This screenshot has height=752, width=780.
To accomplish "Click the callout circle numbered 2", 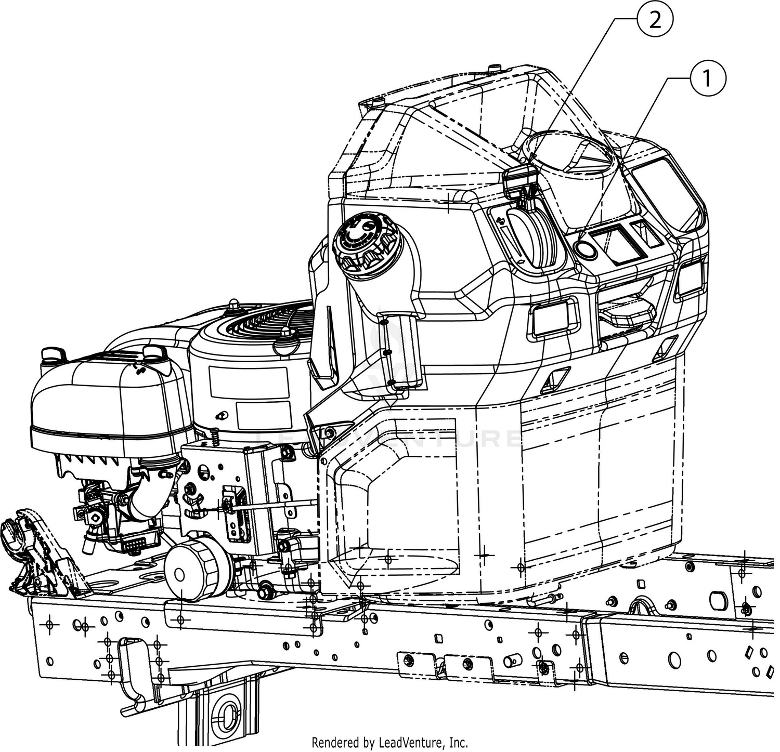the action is coord(655,21).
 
